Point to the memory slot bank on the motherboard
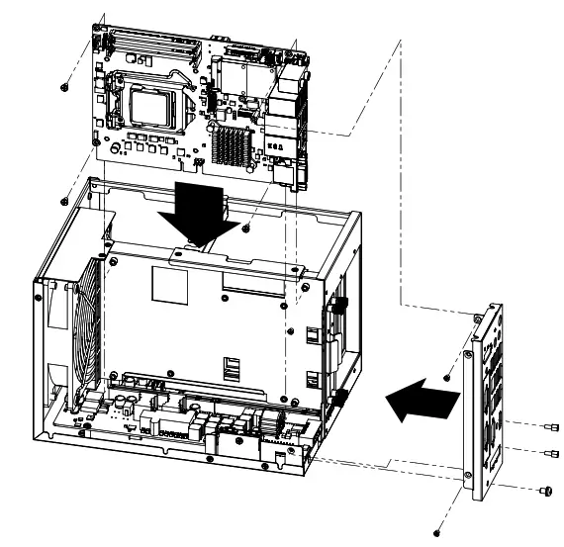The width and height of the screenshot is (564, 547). point(148,45)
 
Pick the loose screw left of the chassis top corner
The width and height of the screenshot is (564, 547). point(65,194)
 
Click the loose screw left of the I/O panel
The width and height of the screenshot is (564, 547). point(447,377)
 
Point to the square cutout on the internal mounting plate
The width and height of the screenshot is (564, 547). point(163,286)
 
